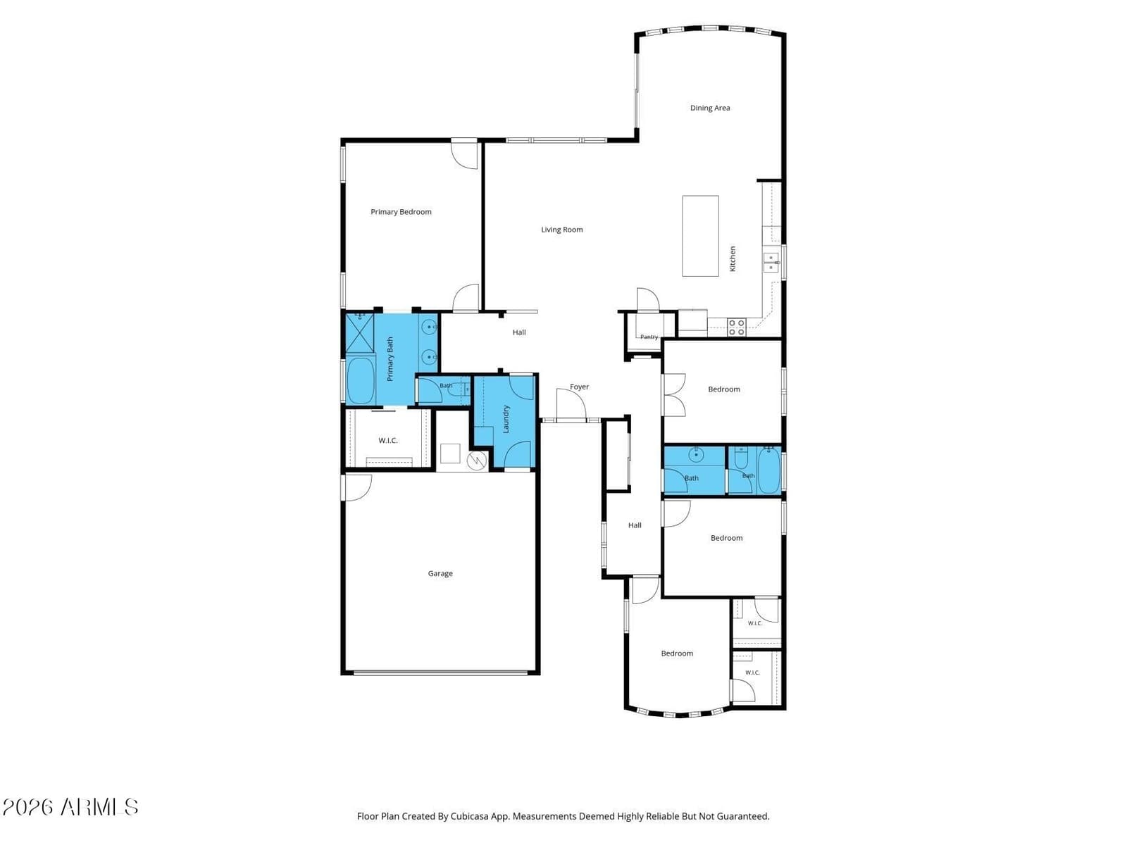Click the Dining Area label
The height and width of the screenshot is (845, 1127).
[x=709, y=108]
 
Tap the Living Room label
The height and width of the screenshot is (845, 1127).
[x=561, y=230]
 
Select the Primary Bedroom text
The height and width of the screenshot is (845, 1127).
[x=401, y=212]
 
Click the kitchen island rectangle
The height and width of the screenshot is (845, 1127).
[x=700, y=236]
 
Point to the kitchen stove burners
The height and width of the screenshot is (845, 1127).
[x=736, y=327]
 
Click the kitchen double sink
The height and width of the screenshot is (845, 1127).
[x=771, y=262]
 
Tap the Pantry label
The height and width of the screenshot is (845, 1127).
[x=649, y=337]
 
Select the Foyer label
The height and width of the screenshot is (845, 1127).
[x=579, y=387]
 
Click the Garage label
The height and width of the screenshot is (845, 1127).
[x=440, y=574]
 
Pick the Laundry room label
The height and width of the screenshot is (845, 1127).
[x=506, y=419]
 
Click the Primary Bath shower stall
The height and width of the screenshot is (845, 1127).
[x=360, y=332]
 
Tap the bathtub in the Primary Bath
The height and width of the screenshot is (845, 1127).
[x=361, y=380]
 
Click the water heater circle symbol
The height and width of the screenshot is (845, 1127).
[x=476, y=461]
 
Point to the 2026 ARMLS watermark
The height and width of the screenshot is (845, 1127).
[x=70, y=807]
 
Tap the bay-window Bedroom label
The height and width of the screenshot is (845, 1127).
[x=677, y=653]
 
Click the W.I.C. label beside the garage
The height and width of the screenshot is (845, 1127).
[x=387, y=440]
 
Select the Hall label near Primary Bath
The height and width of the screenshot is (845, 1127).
[x=519, y=332]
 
